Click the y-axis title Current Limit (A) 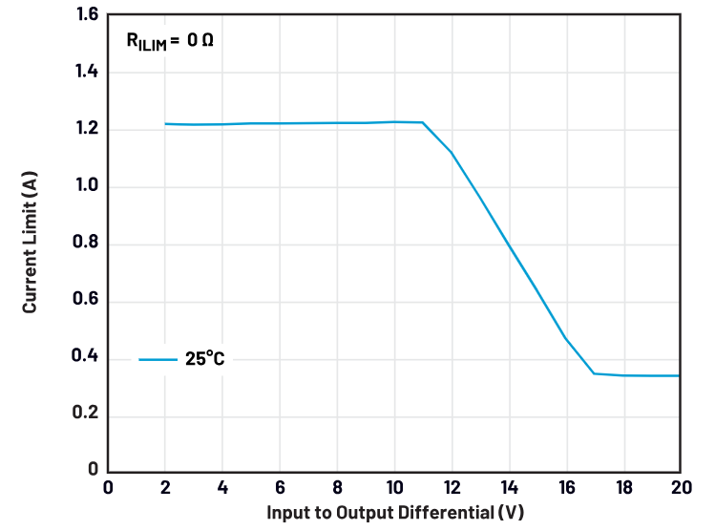click(31, 244)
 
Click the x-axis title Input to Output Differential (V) click(394, 512)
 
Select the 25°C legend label click(205, 359)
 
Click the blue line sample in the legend click(158, 360)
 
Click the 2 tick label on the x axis click(165, 487)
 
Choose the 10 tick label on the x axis click(393, 487)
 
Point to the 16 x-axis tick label click(565, 487)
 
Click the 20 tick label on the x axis click(679, 487)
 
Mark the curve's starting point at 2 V click(165, 123)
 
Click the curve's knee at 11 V click(422, 122)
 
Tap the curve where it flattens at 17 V click(594, 373)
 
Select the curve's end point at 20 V click(680, 375)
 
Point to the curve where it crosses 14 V click(508, 243)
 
